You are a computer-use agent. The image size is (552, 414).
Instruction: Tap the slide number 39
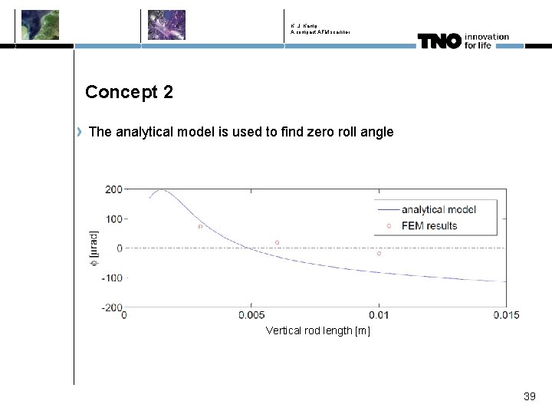pyautogui.click(x=529, y=396)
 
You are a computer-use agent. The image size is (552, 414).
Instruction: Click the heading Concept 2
pyautogui.click(x=129, y=92)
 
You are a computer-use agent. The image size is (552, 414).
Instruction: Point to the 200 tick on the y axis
pyautogui.click(x=113, y=189)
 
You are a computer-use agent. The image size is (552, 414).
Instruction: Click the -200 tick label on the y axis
pyautogui.click(x=112, y=307)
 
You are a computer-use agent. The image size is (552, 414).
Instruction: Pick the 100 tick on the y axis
pyautogui.click(x=113, y=219)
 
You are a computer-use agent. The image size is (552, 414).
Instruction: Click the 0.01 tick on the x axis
pyautogui.click(x=378, y=315)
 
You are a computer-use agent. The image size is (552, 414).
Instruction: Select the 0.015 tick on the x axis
pyautogui.click(x=505, y=315)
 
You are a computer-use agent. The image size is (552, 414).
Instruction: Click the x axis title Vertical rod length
pyautogui.click(x=317, y=330)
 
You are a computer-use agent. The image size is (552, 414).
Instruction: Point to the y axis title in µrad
pyautogui.click(x=94, y=248)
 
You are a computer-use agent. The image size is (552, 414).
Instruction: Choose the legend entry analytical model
pyautogui.click(x=439, y=209)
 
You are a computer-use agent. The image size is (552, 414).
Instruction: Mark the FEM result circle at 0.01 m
pyautogui.click(x=379, y=253)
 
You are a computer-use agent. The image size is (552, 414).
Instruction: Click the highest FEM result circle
pyautogui.click(x=200, y=226)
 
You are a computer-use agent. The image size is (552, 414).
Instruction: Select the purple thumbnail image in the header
pyautogui.click(x=166, y=25)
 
